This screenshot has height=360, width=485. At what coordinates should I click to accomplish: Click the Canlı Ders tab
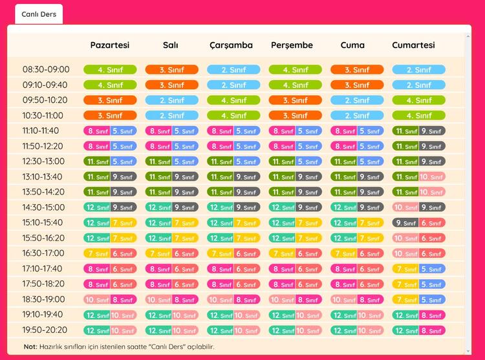coord(39,14)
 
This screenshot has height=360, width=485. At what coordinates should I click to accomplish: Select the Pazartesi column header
coord(110,45)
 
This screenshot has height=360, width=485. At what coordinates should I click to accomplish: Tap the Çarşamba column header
coord(231,45)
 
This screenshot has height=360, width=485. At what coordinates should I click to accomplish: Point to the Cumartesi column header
coord(413,45)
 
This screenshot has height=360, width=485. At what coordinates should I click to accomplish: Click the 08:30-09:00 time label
coord(46,70)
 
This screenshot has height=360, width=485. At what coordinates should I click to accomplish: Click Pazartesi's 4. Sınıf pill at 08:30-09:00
coord(110,70)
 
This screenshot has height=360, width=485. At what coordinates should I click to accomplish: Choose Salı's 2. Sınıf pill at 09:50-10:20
coord(171,100)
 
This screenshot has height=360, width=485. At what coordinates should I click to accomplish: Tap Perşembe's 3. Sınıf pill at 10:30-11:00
coord(295,116)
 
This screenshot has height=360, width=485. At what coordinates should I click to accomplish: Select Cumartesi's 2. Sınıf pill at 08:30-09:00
coord(418,70)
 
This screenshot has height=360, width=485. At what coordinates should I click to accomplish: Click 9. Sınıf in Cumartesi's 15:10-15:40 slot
coord(405,223)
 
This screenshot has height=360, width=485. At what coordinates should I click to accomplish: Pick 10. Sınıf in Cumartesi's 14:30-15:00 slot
coord(405,207)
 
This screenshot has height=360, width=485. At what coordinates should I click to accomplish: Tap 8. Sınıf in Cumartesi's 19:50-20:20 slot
coord(432,330)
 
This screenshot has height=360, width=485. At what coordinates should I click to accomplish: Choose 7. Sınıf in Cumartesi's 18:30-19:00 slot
coord(405,300)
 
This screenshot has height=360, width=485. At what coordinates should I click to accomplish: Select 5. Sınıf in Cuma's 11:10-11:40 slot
coord(371,131)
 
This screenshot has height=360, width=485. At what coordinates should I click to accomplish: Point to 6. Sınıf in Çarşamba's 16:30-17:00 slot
coord(247,254)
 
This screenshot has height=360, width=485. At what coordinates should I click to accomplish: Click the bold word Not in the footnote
coord(30,346)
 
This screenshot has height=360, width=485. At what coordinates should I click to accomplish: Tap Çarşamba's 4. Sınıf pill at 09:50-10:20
coord(233,100)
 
